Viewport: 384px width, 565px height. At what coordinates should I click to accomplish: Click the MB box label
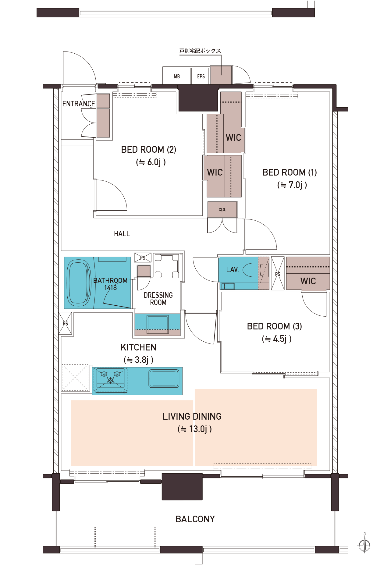click(177, 76)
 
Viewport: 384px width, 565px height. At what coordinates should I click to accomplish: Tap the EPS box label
click(201, 76)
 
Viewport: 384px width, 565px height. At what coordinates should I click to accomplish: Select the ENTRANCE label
click(79, 104)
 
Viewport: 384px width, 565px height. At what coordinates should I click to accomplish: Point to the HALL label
click(122, 234)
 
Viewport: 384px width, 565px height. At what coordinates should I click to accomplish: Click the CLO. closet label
click(222, 210)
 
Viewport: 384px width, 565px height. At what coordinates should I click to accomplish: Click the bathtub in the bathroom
click(79, 283)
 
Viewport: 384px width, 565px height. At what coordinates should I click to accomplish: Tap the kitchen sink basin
click(164, 378)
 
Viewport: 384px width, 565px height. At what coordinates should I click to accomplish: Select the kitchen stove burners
click(111, 376)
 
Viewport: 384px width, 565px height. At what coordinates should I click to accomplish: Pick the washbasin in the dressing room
click(158, 325)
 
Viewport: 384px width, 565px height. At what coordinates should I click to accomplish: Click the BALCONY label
click(195, 519)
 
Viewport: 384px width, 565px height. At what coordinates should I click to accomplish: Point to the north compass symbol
click(364, 543)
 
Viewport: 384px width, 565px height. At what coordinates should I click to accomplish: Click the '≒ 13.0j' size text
click(195, 429)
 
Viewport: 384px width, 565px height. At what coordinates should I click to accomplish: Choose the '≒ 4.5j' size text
click(277, 339)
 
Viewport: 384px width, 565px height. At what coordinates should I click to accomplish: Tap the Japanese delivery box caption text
click(200, 51)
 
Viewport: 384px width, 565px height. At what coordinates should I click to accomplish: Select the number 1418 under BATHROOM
click(110, 288)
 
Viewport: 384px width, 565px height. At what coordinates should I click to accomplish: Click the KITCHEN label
click(138, 347)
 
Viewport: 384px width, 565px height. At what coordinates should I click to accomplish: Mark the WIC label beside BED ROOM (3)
click(308, 281)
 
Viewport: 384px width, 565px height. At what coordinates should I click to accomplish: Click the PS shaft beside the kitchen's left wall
click(65, 323)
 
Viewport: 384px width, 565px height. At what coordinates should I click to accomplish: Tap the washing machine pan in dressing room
click(167, 265)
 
